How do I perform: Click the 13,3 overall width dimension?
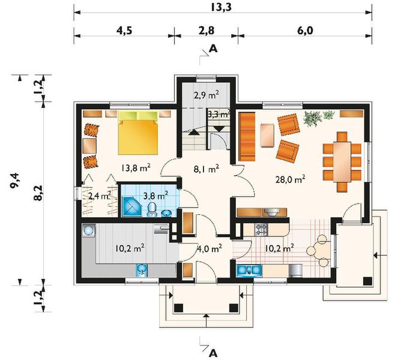pyautogui.click(x=221, y=8)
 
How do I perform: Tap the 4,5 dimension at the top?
pyautogui.click(x=124, y=31)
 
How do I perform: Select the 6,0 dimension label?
pyautogui.click(x=305, y=31)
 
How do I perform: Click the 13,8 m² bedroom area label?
pyautogui.click(x=136, y=167)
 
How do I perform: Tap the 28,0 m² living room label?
pyautogui.click(x=291, y=179)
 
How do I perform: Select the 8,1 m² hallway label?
pyautogui.click(x=207, y=169)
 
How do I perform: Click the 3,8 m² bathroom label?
pyautogui.click(x=155, y=196)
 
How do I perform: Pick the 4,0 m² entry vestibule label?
pyautogui.click(x=210, y=248)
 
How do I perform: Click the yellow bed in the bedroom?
pyautogui.click(x=138, y=133)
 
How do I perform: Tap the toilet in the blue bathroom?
pyautogui.click(x=152, y=209)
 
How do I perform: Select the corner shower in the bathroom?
pyautogui.click(x=132, y=206)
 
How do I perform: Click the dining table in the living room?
pyautogui.click(x=342, y=162)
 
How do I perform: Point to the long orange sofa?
pyautogui.click(x=247, y=136)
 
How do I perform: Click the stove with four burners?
pyautogui.click(x=261, y=229)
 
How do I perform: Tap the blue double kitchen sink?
pyautogui.click(x=249, y=271)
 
